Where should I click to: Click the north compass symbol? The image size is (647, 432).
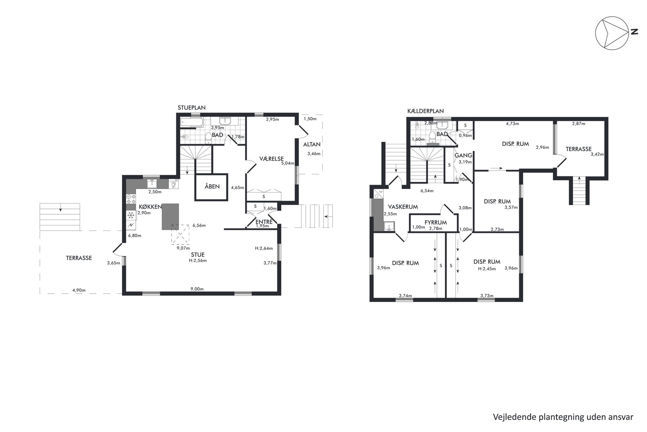(x=612, y=33)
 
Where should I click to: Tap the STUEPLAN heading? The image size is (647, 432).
(x=191, y=108)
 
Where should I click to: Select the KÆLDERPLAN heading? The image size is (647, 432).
(x=426, y=111)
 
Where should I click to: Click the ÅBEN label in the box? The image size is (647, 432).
(x=212, y=186)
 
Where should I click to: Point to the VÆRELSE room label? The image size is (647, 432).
(x=271, y=159)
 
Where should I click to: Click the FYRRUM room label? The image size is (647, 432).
(x=436, y=223)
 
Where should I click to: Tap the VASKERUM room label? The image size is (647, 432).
(x=403, y=207)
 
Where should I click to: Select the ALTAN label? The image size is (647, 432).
(x=312, y=144)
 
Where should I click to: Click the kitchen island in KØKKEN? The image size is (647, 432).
(x=170, y=216)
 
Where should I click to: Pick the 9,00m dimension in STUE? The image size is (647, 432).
(x=197, y=289)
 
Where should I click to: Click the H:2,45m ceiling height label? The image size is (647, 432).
(x=487, y=269)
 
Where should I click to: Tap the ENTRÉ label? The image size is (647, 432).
(x=264, y=222)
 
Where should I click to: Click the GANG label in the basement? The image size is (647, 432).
(x=463, y=155)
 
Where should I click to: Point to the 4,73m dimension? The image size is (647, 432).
(x=512, y=124)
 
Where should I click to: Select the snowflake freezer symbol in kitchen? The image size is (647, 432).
(x=131, y=215)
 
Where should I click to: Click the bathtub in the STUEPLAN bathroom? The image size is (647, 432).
(x=192, y=123)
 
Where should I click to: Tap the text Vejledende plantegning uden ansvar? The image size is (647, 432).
(x=563, y=417)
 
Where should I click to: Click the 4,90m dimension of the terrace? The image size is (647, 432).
(x=79, y=290)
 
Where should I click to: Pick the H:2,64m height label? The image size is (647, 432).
(x=264, y=248)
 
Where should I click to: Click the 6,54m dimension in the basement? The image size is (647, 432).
(x=427, y=191)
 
